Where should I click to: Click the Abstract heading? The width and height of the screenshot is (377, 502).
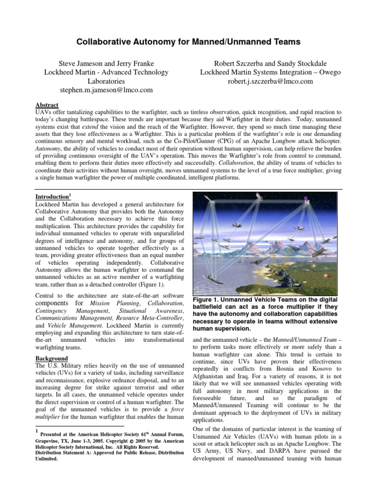tap(48, 105)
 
